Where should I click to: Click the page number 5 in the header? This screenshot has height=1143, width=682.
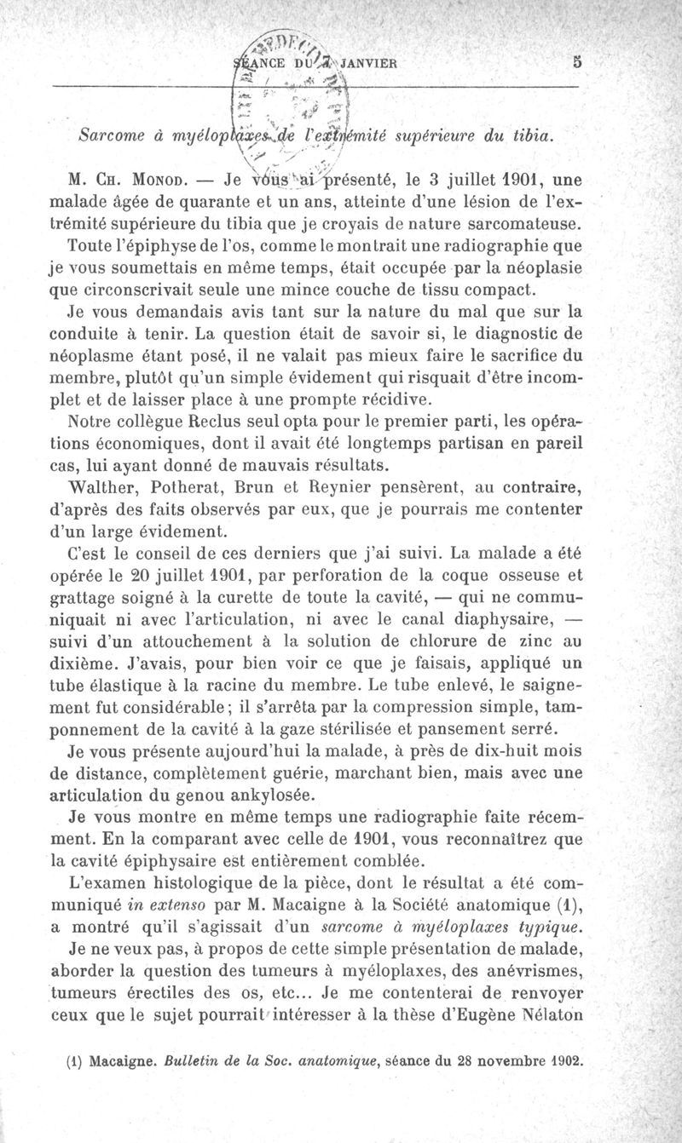(x=577, y=61)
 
